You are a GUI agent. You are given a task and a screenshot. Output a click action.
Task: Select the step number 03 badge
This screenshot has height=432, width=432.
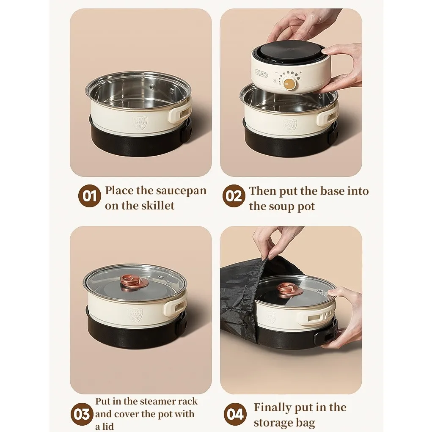click(81, 414)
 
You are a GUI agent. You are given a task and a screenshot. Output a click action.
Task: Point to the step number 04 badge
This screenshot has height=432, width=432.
click(235, 414)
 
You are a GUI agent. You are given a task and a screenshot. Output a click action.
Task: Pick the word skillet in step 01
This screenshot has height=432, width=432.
click(157, 206)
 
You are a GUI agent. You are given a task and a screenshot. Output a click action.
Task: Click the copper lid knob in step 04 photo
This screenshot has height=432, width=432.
click(290, 289)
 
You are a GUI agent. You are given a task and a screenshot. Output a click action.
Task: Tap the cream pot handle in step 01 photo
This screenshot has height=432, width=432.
click(179, 114)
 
